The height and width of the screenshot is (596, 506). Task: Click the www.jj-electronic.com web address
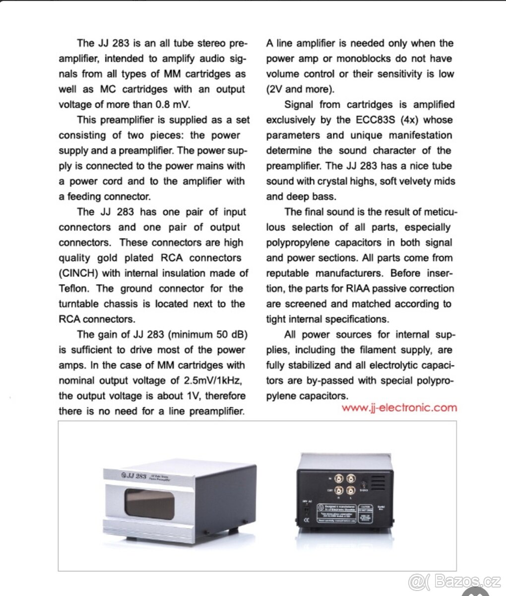[x=399, y=408]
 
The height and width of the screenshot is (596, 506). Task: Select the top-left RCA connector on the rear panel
[x=340, y=479]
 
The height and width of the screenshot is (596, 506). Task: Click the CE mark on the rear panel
[x=307, y=520]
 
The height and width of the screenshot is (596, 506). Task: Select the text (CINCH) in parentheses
[x=79, y=273]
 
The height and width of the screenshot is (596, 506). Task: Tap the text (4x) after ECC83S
[x=411, y=120]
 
